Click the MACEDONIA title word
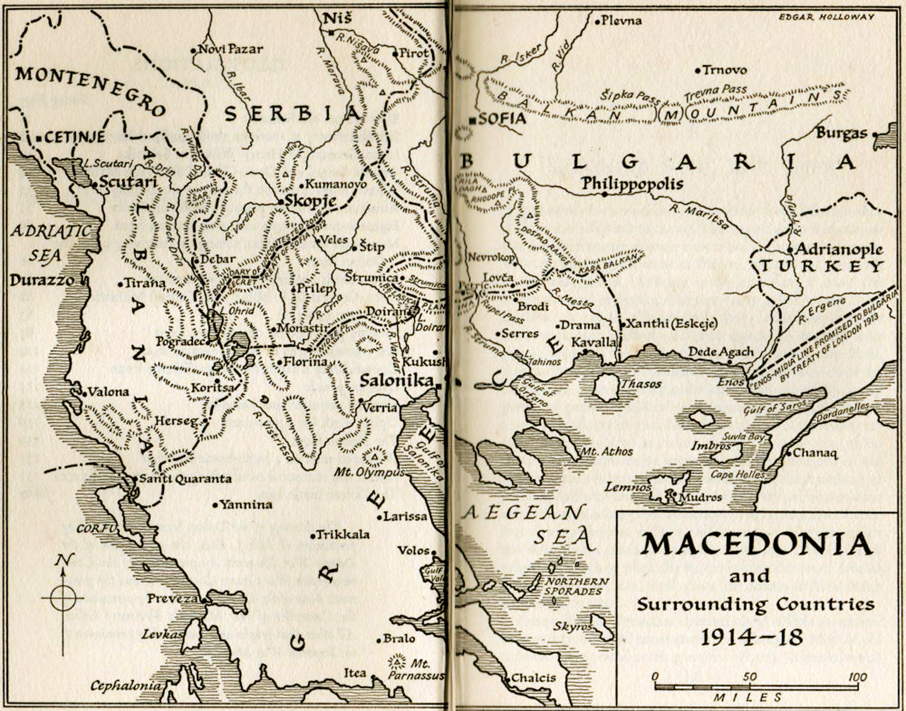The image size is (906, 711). (757, 544)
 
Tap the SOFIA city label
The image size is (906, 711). (502, 119)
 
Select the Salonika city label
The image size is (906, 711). (396, 380)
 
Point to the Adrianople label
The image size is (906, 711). (839, 249)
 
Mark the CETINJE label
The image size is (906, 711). (74, 137)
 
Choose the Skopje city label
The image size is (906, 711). (310, 201)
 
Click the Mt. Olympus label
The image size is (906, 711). (369, 472)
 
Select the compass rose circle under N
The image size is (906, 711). (62, 598)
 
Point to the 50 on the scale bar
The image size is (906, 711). (749, 677)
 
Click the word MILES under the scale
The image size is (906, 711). (748, 697)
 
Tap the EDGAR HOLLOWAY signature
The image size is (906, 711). (826, 17)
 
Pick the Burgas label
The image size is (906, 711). (842, 133)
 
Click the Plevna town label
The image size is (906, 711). (621, 21)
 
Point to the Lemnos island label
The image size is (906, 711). (627, 487)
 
